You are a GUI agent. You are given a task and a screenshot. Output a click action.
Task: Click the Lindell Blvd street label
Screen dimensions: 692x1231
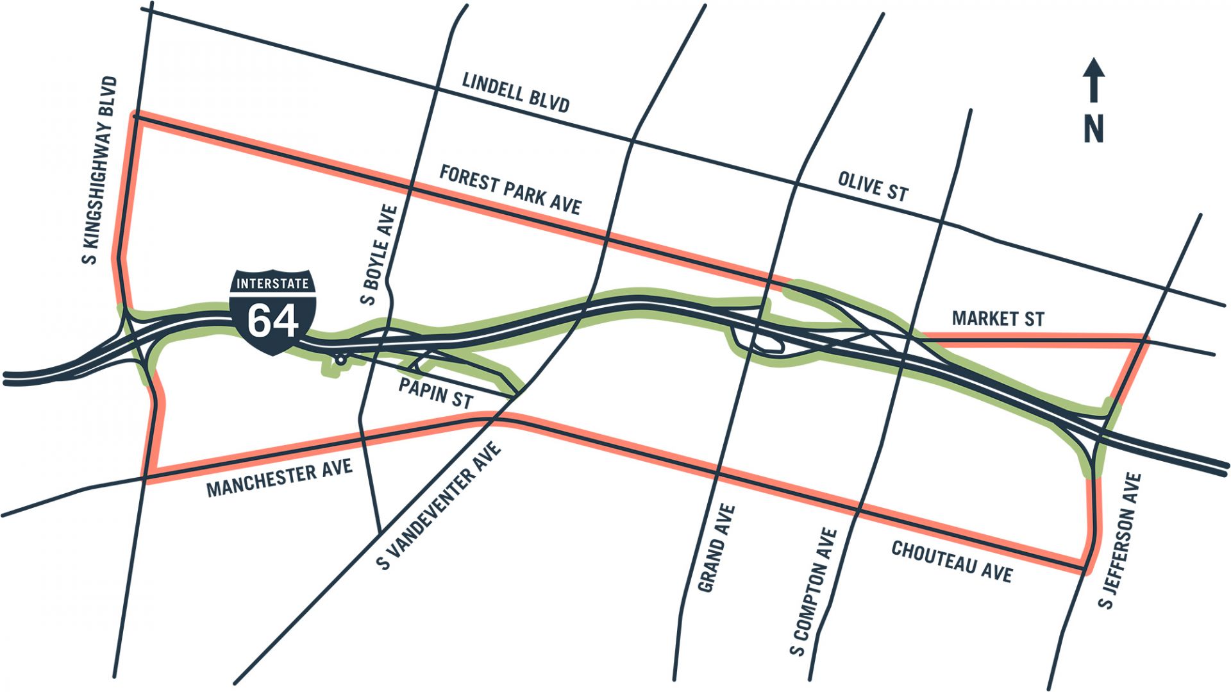click(x=515, y=92)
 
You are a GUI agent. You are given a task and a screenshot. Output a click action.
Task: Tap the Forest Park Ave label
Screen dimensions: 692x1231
click(x=510, y=190)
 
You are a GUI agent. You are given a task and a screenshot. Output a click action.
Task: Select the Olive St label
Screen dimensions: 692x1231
click(x=873, y=187)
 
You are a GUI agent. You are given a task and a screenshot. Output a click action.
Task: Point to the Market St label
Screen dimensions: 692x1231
click(x=998, y=318)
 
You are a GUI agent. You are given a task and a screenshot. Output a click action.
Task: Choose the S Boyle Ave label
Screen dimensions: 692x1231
click(x=380, y=255)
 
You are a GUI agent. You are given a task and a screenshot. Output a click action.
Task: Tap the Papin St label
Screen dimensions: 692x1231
click(x=435, y=392)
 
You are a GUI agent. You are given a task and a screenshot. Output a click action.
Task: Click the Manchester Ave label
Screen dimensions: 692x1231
click(x=280, y=478)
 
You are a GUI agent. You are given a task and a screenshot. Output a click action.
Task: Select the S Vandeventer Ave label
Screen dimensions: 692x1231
click(x=439, y=505)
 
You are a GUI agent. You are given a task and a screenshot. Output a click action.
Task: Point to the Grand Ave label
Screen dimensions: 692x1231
click(x=716, y=548)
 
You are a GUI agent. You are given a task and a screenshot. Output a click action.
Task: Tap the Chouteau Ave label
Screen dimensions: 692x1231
click(x=951, y=562)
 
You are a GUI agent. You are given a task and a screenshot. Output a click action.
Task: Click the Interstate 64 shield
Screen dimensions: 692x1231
click(x=272, y=312)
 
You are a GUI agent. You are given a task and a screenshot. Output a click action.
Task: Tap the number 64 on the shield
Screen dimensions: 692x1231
click(x=272, y=321)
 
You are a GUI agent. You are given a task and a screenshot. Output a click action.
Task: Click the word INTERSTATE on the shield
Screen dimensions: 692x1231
click(x=272, y=283)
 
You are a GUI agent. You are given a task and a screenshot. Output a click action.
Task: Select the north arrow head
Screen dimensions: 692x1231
click(x=1094, y=69)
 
